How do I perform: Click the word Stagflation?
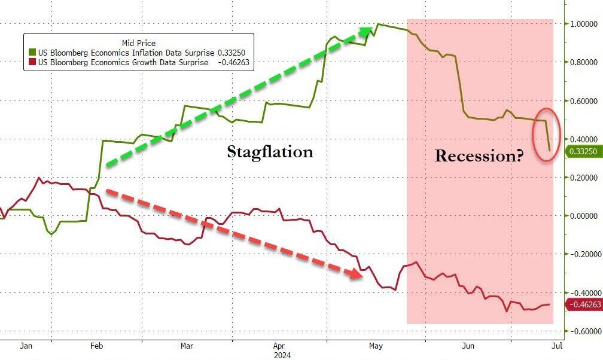pos(270,152)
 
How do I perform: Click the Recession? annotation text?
pos(479,156)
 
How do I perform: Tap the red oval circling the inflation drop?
pos(546,135)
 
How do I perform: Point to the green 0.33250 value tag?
pos(583,152)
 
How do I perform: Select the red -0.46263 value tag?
pos(583,305)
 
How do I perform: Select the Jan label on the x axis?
pos(25,346)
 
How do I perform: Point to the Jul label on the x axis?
pos(556,346)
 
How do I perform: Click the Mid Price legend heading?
pos(138,43)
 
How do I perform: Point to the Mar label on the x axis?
pos(186,346)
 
